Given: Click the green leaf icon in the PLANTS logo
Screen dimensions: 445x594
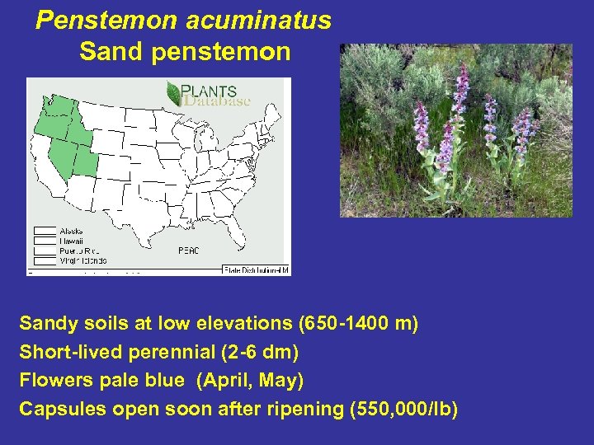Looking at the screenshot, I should pyautogui.click(x=174, y=92).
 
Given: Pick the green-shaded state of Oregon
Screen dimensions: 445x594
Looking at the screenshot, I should pyautogui.click(x=48, y=125).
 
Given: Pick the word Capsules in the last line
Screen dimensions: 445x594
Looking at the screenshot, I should pyautogui.click(x=57, y=409).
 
